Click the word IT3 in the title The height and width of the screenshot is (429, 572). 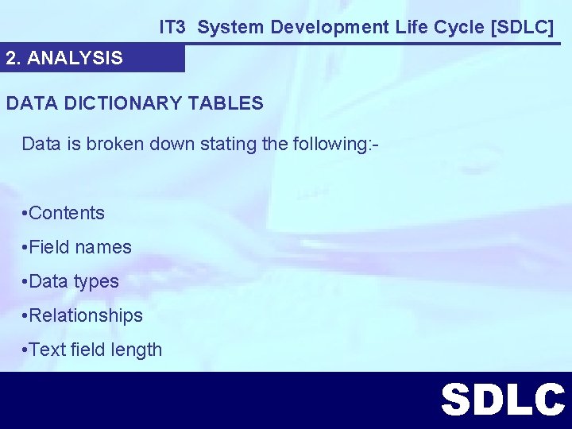tap(172, 27)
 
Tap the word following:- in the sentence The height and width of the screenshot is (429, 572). tap(334, 144)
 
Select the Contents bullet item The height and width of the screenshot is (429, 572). tap(65, 213)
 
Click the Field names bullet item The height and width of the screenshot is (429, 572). tap(78, 247)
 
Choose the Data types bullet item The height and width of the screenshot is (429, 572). tap(71, 281)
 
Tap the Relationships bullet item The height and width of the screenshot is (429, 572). tap(84, 315)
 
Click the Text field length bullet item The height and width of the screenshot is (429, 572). tap(94, 350)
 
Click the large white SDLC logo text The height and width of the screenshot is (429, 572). tap(503, 400)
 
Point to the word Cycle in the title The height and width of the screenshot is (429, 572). tap(461, 27)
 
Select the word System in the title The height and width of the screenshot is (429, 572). tap(230, 27)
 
